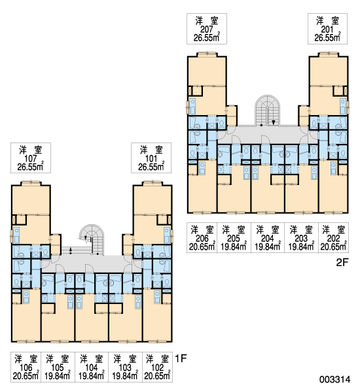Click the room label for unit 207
tap(207, 29)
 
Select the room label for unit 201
tap(327, 29)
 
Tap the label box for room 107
tap(31, 158)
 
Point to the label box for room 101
tap(151, 158)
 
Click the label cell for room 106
tap(26, 367)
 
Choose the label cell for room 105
tap(58, 367)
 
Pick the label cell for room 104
tap(92, 367)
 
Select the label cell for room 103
tap(125, 367)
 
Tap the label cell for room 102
tap(157, 367)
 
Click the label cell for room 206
tap(202, 238)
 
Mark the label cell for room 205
tap(234, 238)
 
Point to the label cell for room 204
tap(268, 238)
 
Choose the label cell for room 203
tap(301, 238)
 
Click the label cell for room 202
tap(334, 238)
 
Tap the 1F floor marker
tap(181, 358)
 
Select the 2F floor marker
tap(342, 262)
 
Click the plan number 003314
tap(334, 379)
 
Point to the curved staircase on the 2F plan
tap(268, 110)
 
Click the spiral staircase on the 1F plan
tap(92, 239)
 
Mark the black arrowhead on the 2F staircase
tap(274, 122)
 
